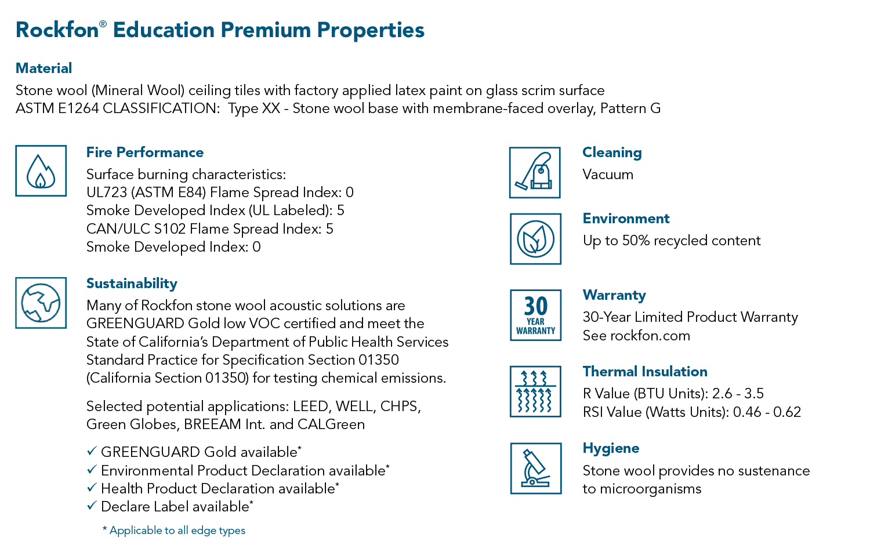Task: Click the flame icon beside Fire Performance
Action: (41, 171)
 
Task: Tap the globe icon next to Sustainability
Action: (41, 303)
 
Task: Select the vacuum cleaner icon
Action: (535, 172)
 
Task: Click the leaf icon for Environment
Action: (535, 239)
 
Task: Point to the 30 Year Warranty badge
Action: (535, 315)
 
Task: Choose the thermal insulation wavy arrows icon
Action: (535, 391)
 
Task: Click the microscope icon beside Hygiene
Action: (536, 468)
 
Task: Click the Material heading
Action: (44, 68)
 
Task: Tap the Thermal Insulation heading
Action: (645, 372)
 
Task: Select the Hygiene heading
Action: (611, 448)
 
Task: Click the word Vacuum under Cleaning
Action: (608, 175)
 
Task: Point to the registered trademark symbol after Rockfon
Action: (103, 24)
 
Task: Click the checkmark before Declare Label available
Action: (92, 506)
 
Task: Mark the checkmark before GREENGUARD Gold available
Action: (92, 451)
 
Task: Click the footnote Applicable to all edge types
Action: (173, 531)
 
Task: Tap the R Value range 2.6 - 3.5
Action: (738, 394)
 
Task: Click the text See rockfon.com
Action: (636, 336)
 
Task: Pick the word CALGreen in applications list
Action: (331, 424)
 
